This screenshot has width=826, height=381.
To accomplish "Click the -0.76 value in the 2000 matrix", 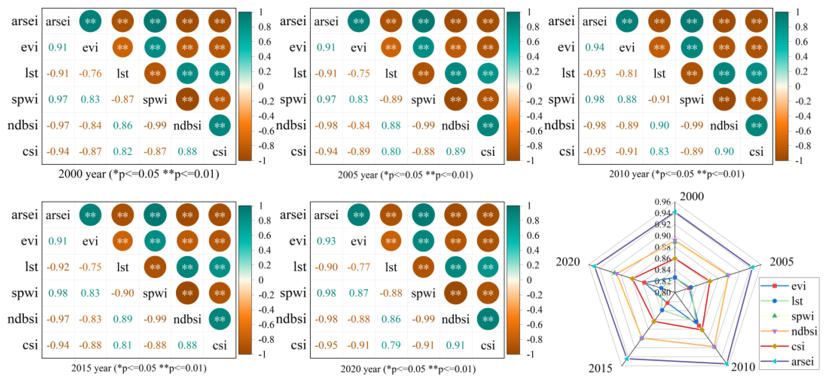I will [x=90, y=74].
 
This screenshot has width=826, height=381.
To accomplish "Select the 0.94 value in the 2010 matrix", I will [x=594, y=47].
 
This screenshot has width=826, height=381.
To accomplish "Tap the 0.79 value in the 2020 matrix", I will [x=391, y=345].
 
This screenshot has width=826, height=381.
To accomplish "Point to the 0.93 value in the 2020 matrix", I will [x=326, y=241].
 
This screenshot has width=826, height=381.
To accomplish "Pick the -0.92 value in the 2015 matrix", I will [x=58, y=267].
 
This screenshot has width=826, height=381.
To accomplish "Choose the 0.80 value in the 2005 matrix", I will [x=391, y=151].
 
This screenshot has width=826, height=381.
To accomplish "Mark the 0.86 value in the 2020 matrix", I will [x=391, y=319].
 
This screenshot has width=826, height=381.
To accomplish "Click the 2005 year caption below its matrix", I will [x=405, y=175].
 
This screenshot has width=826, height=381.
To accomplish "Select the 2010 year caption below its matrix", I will [x=676, y=174].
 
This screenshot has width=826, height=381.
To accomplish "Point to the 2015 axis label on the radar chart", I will [x=600, y=368].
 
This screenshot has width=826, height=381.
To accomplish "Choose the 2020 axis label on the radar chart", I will [x=568, y=262].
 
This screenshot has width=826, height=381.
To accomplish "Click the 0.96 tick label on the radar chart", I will [x=662, y=202].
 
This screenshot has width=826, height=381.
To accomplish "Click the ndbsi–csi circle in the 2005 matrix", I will [x=488, y=126].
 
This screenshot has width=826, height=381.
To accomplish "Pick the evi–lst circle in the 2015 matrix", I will [x=122, y=241].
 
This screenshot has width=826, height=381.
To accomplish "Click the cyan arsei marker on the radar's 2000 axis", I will [x=675, y=212].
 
